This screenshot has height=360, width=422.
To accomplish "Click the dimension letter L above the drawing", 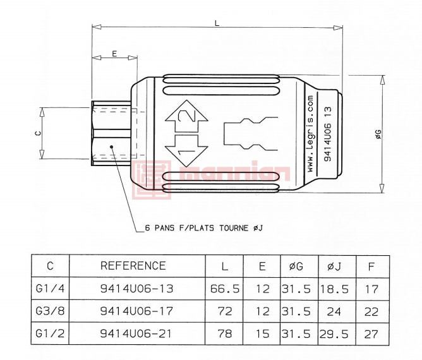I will [x=217, y=23].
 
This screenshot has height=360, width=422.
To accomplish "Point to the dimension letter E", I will [x=114, y=54].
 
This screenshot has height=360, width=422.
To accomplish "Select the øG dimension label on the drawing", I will [x=378, y=134].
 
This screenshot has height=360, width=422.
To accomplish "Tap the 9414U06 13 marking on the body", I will [x=327, y=134].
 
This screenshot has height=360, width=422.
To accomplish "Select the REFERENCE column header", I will [x=133, y=266].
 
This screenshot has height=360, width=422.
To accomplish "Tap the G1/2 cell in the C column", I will [x=50, y=333].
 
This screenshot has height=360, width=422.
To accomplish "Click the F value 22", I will [x=371, y=311].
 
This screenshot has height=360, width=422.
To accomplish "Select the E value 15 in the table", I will [x=262, y=333].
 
